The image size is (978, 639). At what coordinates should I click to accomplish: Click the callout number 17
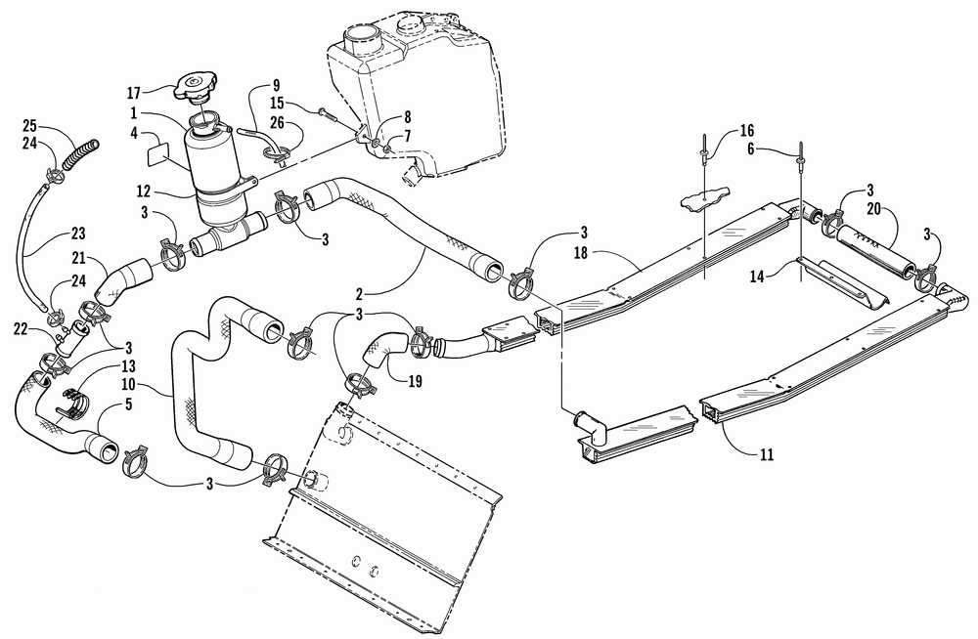[134, 93]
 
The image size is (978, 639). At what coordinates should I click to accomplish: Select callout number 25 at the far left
[29, 125]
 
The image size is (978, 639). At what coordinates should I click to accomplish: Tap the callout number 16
[746, 129]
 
